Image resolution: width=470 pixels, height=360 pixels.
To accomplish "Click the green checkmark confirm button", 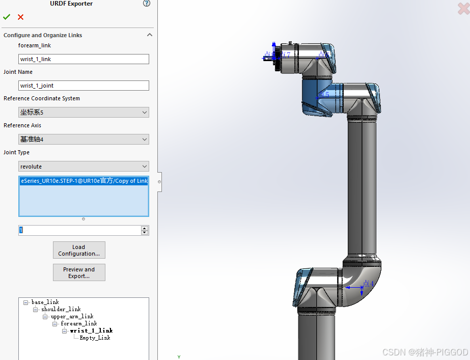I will tap(7, 17).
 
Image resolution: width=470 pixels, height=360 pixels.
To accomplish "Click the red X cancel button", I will tap(20, 17).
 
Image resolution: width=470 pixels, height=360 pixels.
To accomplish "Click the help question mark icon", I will tap(147, 4).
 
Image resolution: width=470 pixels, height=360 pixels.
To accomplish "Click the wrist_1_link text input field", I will tap(84, 59).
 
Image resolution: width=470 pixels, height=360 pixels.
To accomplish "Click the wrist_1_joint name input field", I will tap(84, 86).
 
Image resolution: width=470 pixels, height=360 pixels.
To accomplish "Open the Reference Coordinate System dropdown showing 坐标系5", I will tap(84, 112).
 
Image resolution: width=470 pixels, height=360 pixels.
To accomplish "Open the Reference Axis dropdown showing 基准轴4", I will tap(84, 139).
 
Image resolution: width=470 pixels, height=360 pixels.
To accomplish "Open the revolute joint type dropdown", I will tap(84, 166).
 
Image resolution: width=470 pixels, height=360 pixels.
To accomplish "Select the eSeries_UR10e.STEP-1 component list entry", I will tap(84, 181).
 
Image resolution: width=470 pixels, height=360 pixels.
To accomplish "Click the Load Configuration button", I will tap(79, 250).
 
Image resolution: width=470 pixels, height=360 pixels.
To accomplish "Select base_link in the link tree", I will tap(45, 302).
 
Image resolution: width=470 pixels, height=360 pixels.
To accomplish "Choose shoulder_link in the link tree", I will tap(61, 309).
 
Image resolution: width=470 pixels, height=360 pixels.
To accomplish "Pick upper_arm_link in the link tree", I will tap(72, 316).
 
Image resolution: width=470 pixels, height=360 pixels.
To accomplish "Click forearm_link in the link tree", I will tap(78, 323).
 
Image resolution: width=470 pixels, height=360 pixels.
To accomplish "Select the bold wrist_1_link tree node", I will tap(91, 330).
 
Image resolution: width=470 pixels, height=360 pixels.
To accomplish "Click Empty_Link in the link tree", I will tap(95, 338).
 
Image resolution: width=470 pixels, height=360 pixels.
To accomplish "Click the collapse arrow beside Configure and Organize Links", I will tap(149, 35).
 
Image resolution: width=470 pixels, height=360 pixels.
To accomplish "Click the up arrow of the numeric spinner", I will tap(145, 228).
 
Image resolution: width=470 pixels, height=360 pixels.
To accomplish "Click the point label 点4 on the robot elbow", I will tap(368, 284).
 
